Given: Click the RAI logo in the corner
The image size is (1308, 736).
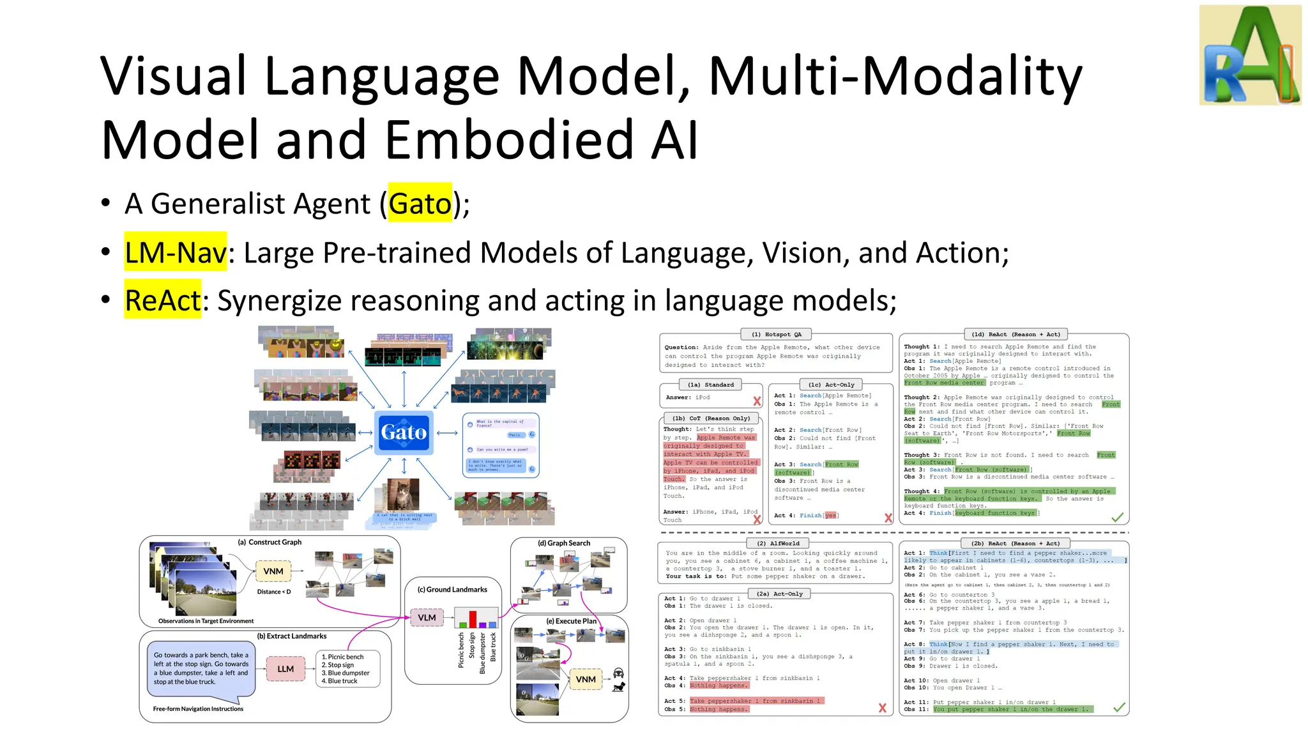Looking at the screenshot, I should click(1250, 55).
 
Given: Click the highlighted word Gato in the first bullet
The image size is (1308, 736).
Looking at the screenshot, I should click(420, 203).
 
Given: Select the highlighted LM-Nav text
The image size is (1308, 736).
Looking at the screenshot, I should click(176, 252).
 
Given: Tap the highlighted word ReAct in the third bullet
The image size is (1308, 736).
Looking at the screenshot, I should click(163, 300).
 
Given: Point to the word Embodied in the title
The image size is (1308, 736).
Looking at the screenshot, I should click(509, 139).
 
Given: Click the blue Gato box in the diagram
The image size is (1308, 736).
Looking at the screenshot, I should click(404, 433).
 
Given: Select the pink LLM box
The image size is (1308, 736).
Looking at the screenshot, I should click(285, 669).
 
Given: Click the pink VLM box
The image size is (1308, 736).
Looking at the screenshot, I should click(427, 617).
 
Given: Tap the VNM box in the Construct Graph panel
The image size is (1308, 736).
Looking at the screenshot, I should click(273, 571).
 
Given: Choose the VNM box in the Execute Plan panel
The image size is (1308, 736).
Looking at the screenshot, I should click(586, 679).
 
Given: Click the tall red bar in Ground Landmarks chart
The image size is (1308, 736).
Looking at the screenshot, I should click(473, 618).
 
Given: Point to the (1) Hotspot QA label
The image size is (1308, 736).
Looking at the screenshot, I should click(776, 334).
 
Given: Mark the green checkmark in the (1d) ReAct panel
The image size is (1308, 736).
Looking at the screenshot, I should click(1117, 517).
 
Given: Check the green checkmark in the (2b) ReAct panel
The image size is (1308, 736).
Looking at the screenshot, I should click(1119, 707).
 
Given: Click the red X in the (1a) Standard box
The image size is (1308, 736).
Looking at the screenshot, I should click(757, 401).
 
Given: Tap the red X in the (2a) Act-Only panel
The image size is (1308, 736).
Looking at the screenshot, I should click(882, 708).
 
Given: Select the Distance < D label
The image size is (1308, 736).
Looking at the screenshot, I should click(274, 592).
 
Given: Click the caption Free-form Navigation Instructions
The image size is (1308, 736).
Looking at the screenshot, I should click(198, 709).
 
